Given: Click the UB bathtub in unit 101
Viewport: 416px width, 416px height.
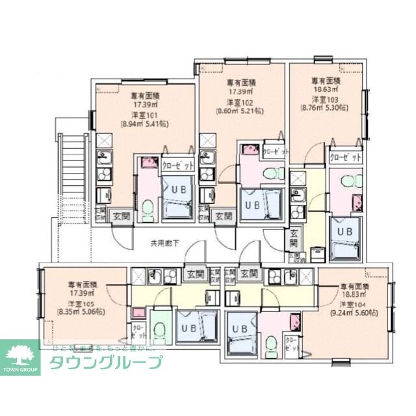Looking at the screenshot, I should click(177, 198).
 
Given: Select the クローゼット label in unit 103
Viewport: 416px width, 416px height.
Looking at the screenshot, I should click(344, 158).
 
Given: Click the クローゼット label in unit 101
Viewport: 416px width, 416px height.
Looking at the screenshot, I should click(177, 165).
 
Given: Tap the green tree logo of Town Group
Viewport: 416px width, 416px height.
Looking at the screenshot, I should click(21, 355).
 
